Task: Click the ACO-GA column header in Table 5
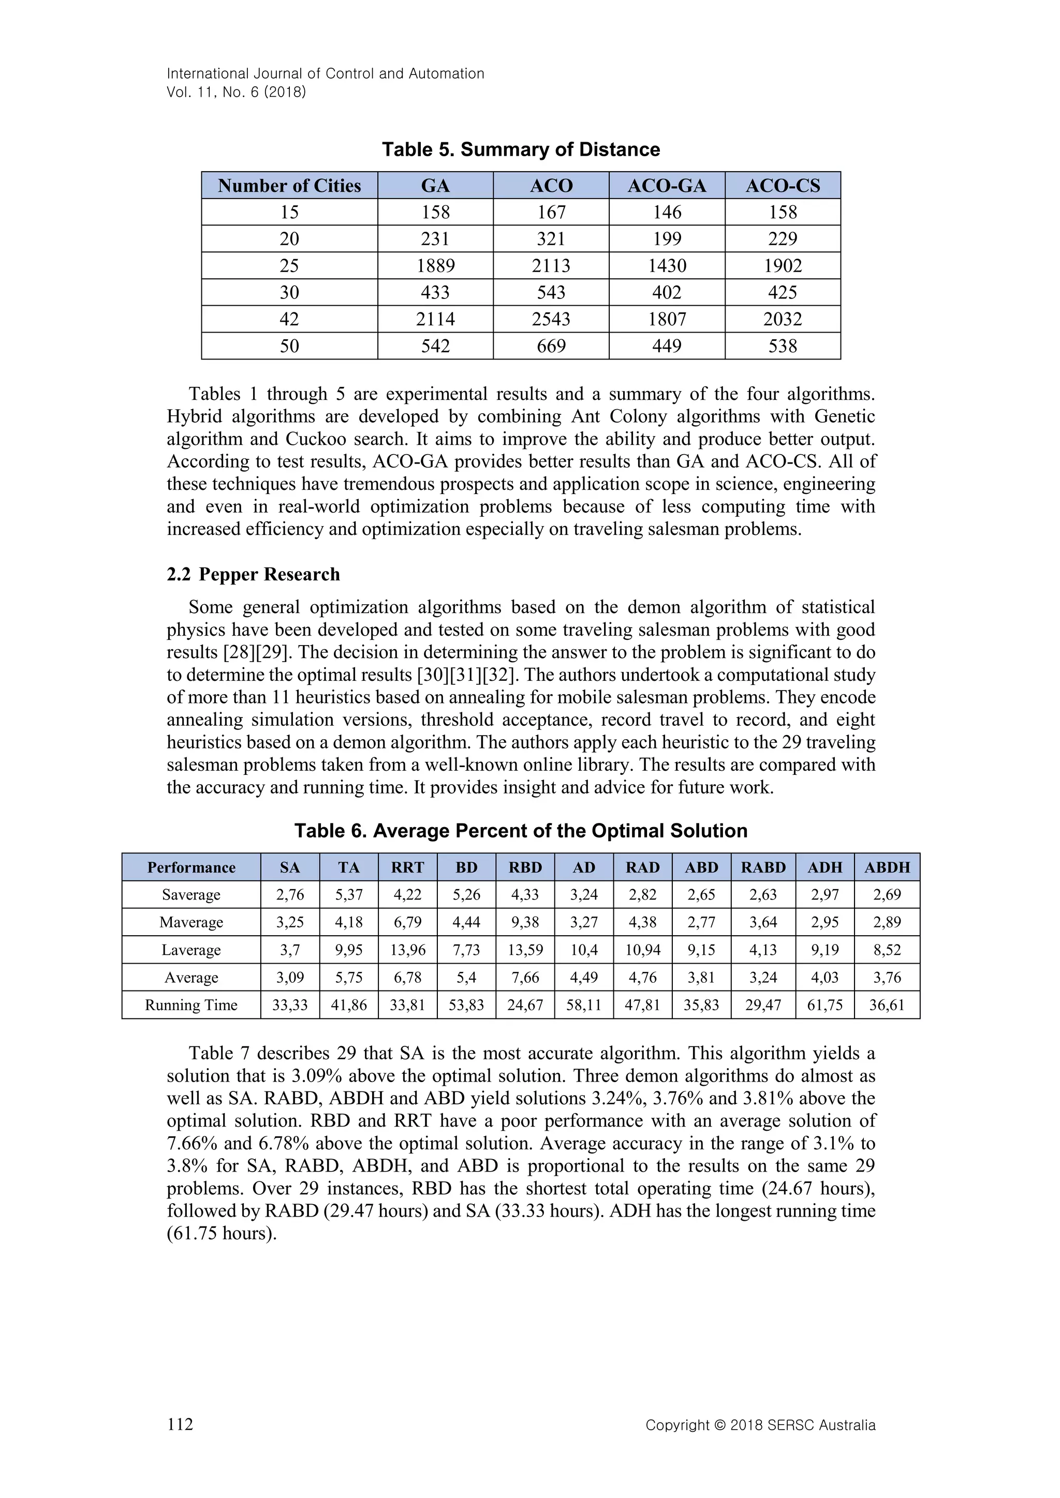point(667,186)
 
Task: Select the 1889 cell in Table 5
point(435,265)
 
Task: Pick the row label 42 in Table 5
point(289,319)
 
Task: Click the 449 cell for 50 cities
point(667,346)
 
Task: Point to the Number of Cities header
point(289,186)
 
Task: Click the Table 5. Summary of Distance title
point(520,149)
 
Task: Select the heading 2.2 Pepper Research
point(253,574)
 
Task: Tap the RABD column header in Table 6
point(763,867)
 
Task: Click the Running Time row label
point(190,1005)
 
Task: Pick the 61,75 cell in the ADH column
point(825,1005)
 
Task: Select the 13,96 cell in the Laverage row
point(407,950)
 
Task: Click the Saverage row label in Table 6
point(190,894)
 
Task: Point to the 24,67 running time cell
point(525,1005)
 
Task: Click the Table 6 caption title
point(520,831)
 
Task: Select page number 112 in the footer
point(180,1424)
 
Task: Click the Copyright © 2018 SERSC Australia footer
point(760,1425)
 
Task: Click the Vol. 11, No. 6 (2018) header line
point(237,92)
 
